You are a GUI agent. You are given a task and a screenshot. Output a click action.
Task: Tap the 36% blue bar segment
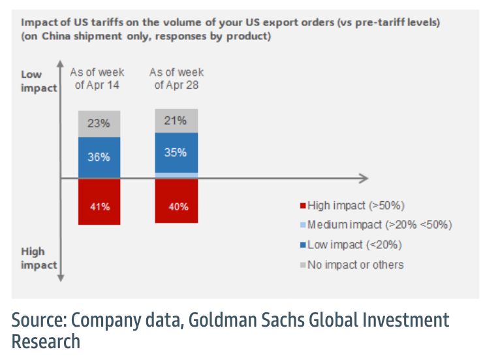99,157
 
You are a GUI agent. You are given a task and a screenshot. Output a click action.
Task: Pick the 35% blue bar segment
176,153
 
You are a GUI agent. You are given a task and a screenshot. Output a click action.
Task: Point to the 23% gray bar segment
99,123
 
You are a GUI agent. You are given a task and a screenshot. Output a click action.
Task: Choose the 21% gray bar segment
176,121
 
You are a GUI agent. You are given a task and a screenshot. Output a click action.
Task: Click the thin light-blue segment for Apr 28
176,176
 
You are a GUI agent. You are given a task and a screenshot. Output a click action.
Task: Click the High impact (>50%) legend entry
352,205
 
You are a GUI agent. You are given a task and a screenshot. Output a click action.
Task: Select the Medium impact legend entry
375,225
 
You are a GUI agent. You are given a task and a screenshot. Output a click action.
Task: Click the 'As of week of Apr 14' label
99,78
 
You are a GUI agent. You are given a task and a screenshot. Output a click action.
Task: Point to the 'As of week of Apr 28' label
176,78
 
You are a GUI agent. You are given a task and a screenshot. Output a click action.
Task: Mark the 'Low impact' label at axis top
39,82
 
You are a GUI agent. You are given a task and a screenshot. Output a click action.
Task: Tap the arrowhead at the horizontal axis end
364,178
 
